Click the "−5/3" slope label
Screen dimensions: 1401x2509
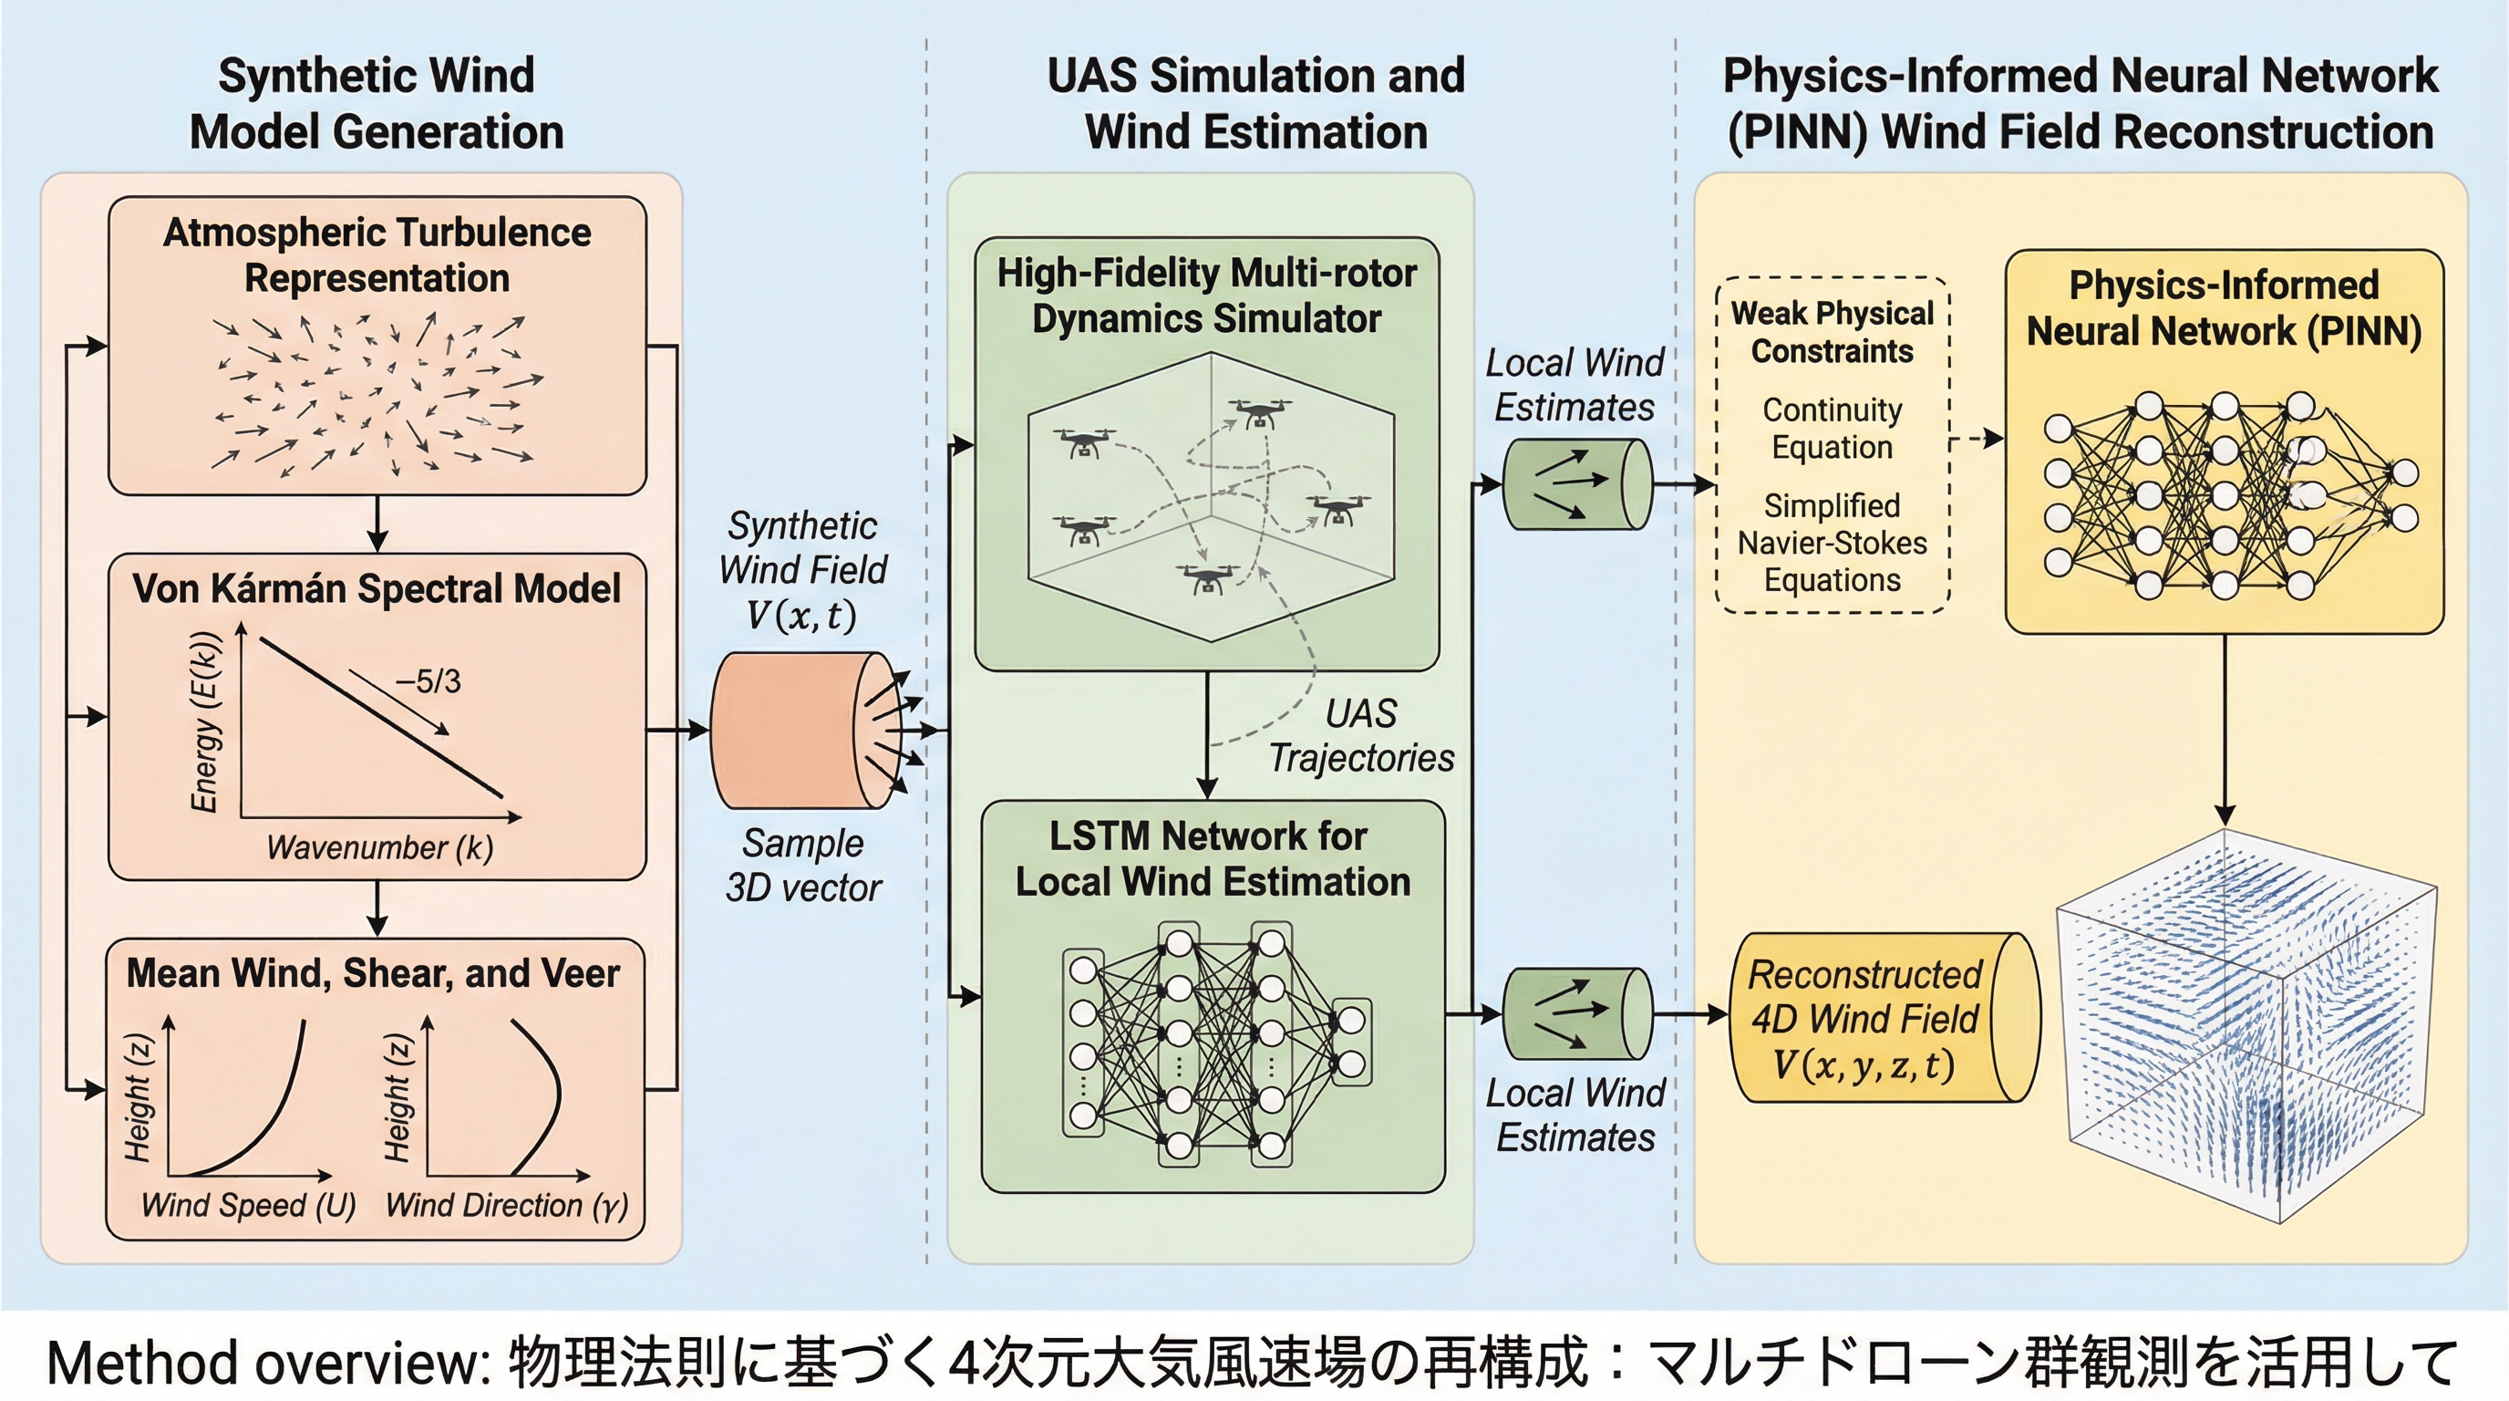click(428, 681)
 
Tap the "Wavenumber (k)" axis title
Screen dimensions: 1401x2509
click(380, 847)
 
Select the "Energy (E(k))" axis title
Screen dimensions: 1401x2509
click(205, 721)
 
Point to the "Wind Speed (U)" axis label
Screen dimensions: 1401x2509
click(248, 1205)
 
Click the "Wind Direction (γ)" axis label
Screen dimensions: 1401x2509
click(507, 1205)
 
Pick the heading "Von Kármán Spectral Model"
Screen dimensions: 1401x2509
click(376, 588)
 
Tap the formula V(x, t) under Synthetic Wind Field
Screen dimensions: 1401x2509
click(801, 615)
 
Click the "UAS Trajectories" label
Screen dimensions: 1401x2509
click(1362, 735)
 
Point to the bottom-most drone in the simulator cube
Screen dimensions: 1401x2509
click(1209, 577)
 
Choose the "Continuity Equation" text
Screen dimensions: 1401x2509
click(1833, 429)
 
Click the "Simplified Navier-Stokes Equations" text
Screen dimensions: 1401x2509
click(1833, 543)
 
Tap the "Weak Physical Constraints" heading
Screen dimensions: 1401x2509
click(1833, 332)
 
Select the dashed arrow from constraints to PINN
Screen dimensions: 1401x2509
click(1977, 440)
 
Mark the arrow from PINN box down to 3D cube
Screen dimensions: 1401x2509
click(2225, 731)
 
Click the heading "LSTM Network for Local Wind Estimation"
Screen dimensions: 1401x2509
click(1212, 858)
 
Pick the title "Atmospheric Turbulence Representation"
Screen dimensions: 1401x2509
click(377, 255)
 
